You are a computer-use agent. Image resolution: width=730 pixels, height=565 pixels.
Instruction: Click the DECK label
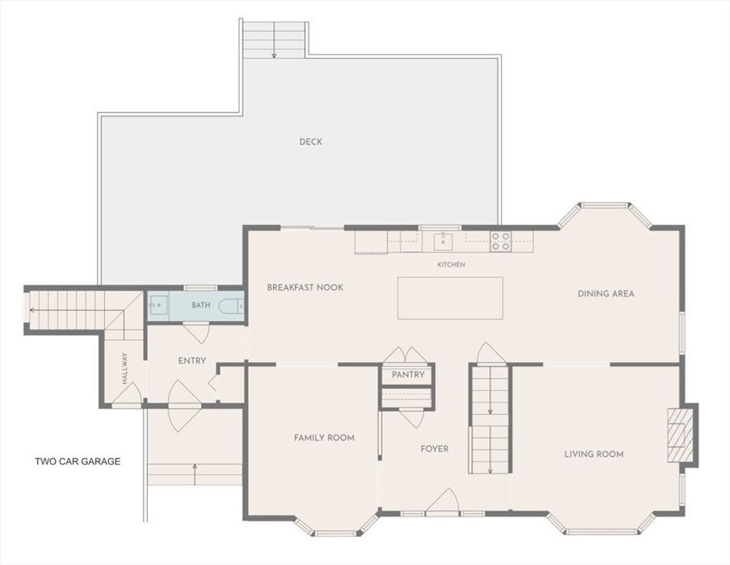point(311,141)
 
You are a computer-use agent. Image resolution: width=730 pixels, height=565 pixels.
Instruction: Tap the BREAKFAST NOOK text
point(305,287)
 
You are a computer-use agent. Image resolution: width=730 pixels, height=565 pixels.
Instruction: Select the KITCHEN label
point(451,265)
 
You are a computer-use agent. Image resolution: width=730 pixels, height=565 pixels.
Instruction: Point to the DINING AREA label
point(606,293)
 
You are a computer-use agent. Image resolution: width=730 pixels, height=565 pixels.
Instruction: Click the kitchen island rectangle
point(451,298)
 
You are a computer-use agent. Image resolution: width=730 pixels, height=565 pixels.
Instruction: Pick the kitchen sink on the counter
point(443,242)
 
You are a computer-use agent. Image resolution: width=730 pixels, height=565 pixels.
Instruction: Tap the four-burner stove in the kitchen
point(500,241)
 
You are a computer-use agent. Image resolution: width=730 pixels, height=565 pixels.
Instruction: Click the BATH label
point(200,305)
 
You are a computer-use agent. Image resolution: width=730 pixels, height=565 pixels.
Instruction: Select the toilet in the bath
point(231,305)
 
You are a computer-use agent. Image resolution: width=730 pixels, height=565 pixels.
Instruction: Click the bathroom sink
point(158,305)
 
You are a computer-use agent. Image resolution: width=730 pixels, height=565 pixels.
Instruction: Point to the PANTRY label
point(408,375)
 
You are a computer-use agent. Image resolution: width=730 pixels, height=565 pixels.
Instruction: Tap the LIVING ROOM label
point(594,454)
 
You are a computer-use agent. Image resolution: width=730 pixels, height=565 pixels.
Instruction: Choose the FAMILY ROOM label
point(324,437)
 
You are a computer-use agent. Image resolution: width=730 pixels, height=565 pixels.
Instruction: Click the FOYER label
point(434,449)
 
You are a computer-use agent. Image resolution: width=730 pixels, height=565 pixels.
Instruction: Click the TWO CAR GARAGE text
point(78,461)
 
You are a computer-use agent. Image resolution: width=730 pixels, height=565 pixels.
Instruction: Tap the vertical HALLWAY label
point(124,368)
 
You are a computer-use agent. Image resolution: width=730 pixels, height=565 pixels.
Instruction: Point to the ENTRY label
point(192,360)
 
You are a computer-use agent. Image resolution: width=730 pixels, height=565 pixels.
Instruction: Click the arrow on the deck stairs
point(274,39)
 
